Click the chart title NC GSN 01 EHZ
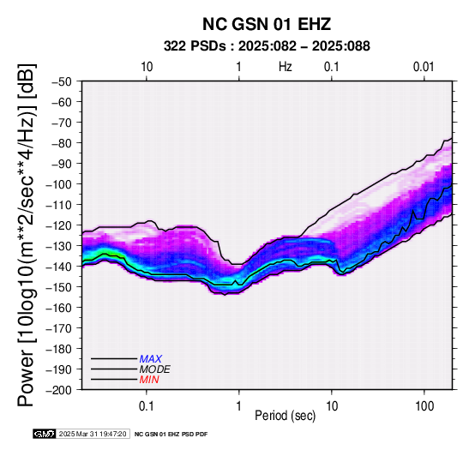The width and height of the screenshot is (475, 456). pyautogui.click(x=267, y=24)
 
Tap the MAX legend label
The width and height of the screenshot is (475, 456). pyautogui.click(x=151, y=359)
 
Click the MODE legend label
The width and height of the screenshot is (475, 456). pyautogui.click(x=155, y=369)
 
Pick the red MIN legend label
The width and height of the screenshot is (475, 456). pyautogui.click(x=149, y=380)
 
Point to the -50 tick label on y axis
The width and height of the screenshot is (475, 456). pyautogui.click(x=62, y=82)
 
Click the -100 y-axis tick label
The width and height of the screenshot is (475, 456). pyautogui.click(x=59, y=184)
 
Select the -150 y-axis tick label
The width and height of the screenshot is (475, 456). pyautogui.click(x=59, y=287)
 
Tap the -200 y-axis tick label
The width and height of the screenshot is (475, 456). pyautogui.click(x=59, y=390)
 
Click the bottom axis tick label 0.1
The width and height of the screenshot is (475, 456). pyautogui.click(x=147, y=406)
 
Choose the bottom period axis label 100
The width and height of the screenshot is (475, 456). pyautogui.click(x=424, y=406)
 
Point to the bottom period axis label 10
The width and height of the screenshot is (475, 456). pyautogui.click(x=332, y=406)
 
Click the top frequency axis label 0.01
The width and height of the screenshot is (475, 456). pyautogui.click(x=424, y=67)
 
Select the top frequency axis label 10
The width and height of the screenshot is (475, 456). pyautogui.click(x=147, y=67)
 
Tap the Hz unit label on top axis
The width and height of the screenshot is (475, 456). pyautogui.click(x=286, y=67)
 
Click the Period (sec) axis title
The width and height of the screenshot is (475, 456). pyautogui.click(x=286, y=416)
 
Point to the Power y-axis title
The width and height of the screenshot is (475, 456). pyautogui.click(x=27, y=235)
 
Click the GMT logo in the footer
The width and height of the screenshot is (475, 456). pyautogui.click(x=45, y=434)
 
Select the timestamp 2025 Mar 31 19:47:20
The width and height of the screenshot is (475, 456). pyautogui.click(x=93, y=434)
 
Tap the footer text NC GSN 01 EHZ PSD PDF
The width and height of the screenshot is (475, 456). pyautogui.click(x=171, y=435)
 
